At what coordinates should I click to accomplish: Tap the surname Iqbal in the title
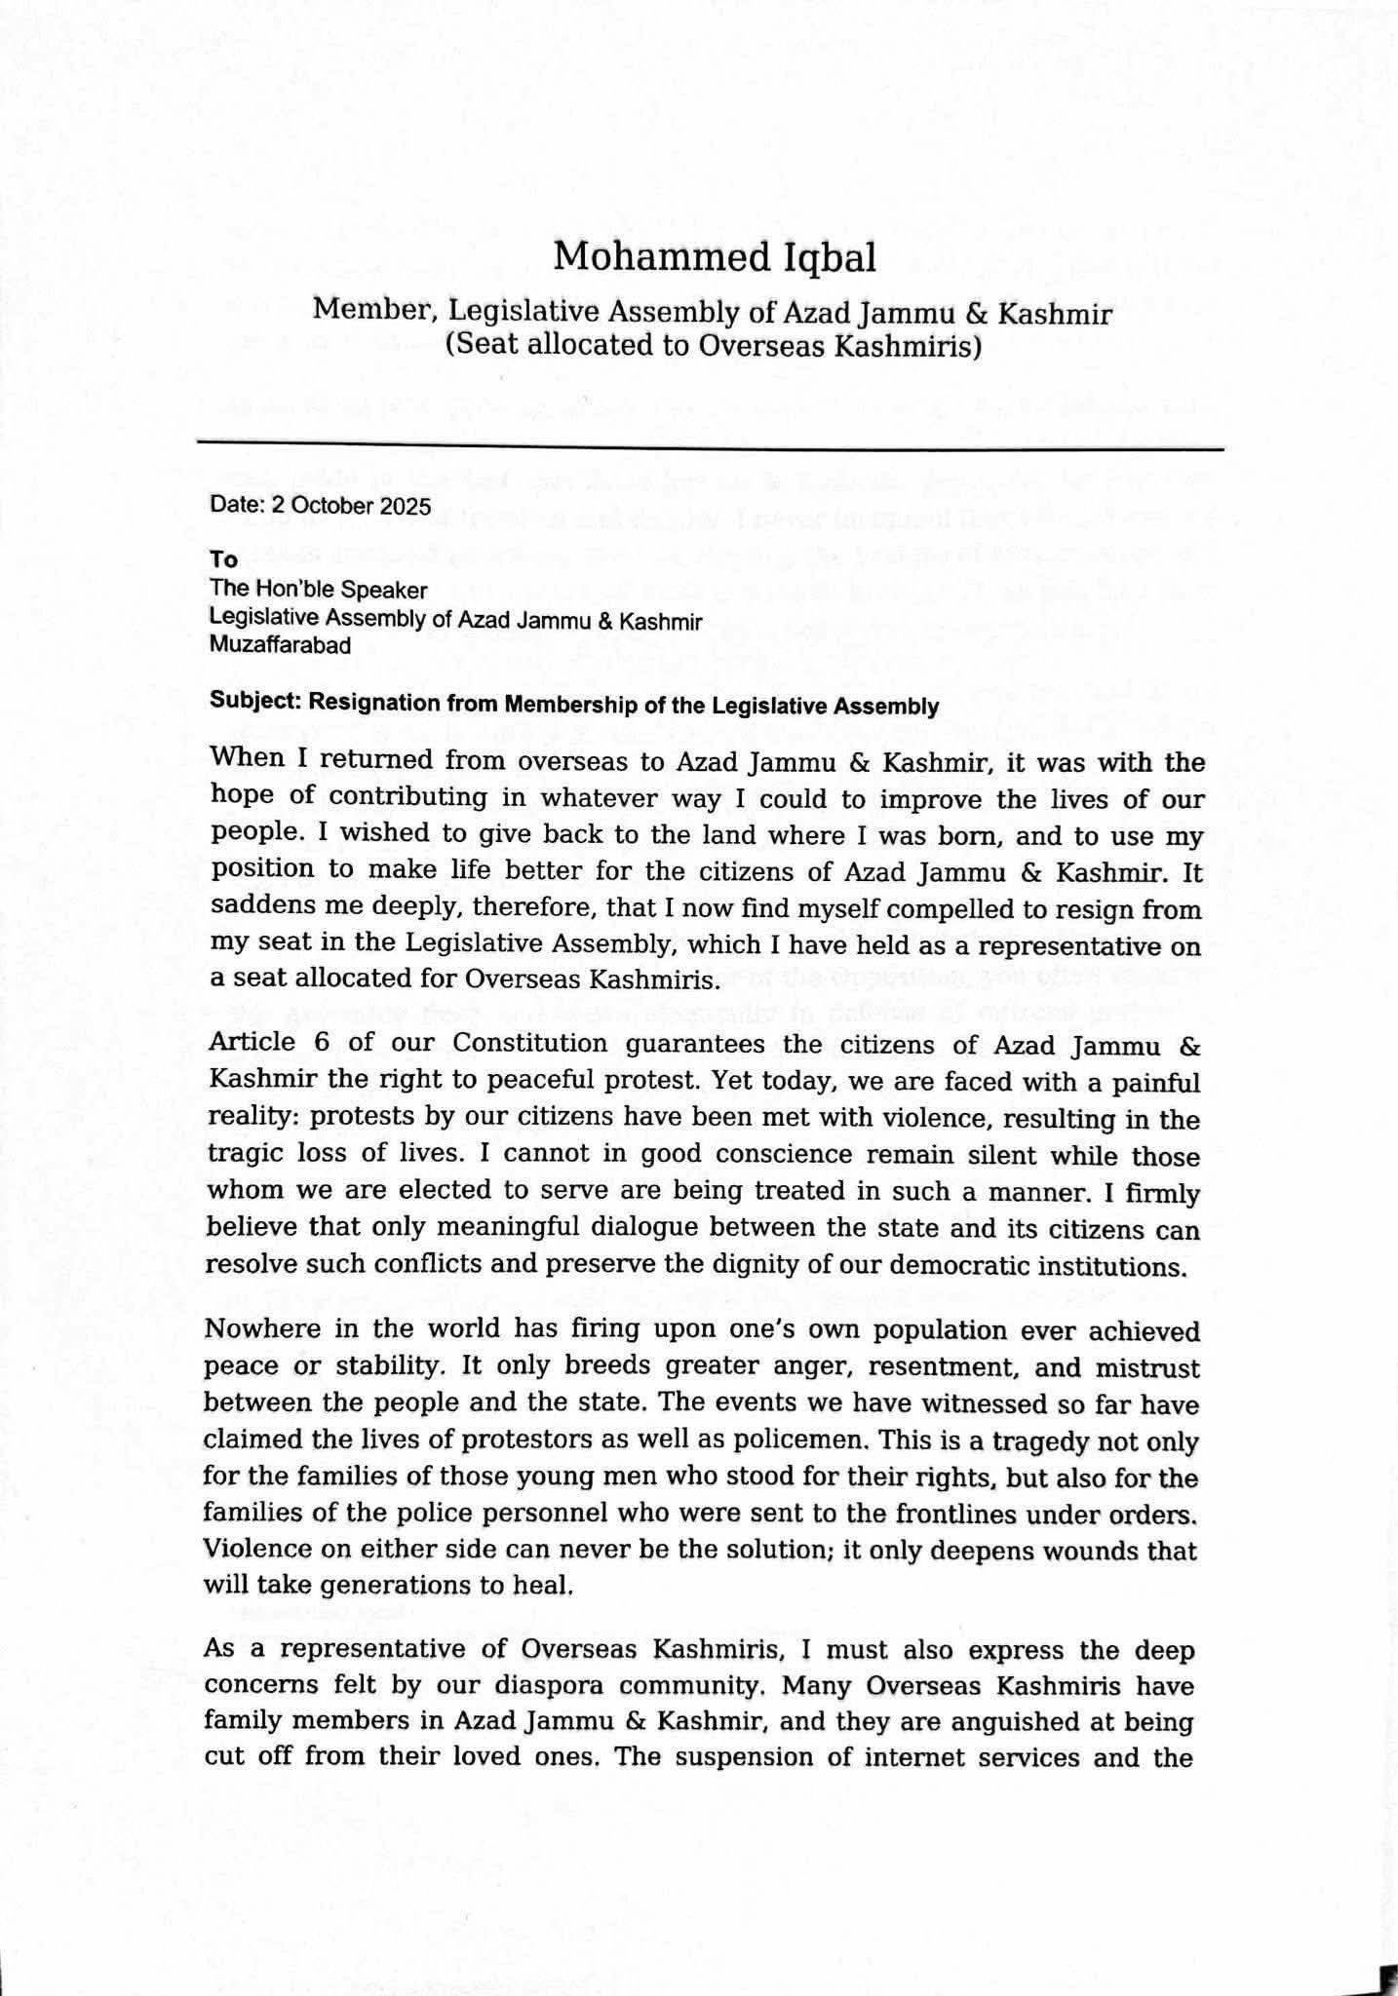click(828, 259)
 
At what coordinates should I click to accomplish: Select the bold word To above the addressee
click(223, 559)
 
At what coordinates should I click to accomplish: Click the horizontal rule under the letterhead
click(710, 447)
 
